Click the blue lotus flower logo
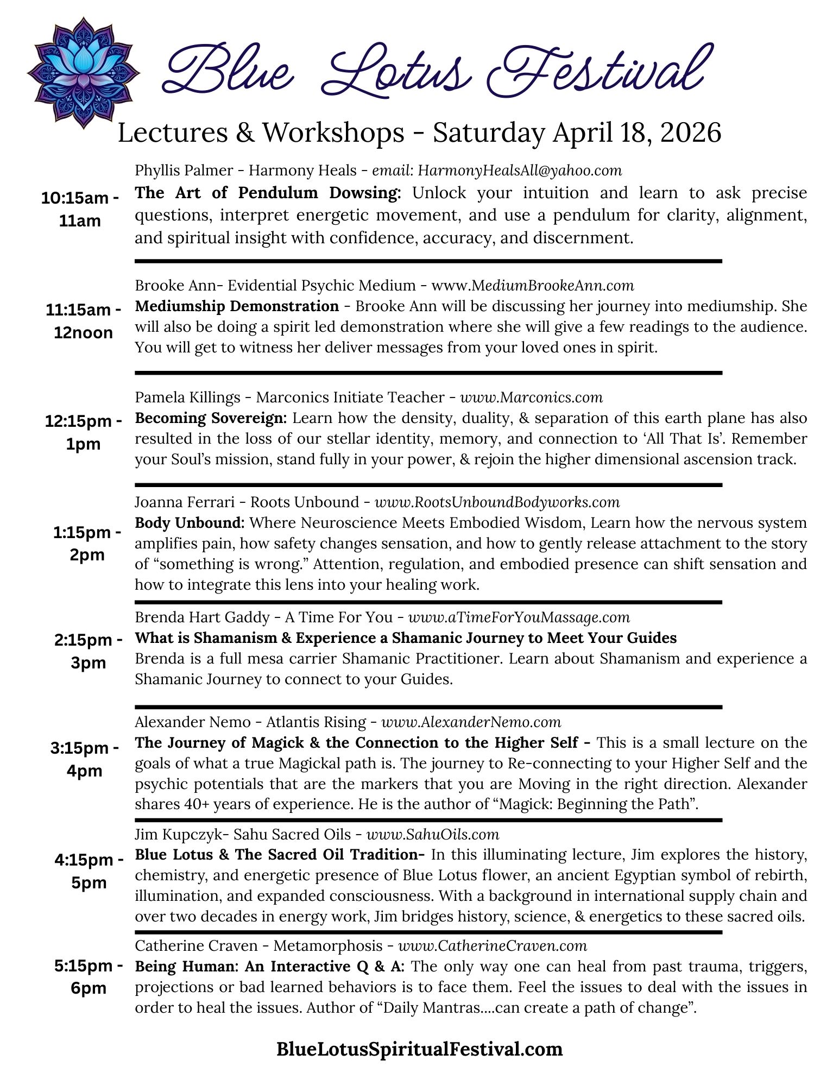tap(83, 72)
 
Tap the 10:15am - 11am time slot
tap(80, 210)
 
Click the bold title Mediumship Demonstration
tap(237, 306)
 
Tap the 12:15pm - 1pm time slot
tap(83, 432)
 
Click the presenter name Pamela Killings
tap(187, 397)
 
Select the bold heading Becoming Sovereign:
tap(211, 418)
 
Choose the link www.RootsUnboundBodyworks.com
tap(497, 502)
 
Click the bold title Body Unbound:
tap(190, 523)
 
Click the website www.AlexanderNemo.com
tap(471, 722)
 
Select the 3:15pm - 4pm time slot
tap(85, 759)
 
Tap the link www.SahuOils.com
tap(432, 834)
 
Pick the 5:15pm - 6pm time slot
tap(89, 977)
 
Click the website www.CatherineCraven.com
tap(493, 946)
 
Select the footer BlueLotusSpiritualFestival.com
tap(419, 1049)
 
